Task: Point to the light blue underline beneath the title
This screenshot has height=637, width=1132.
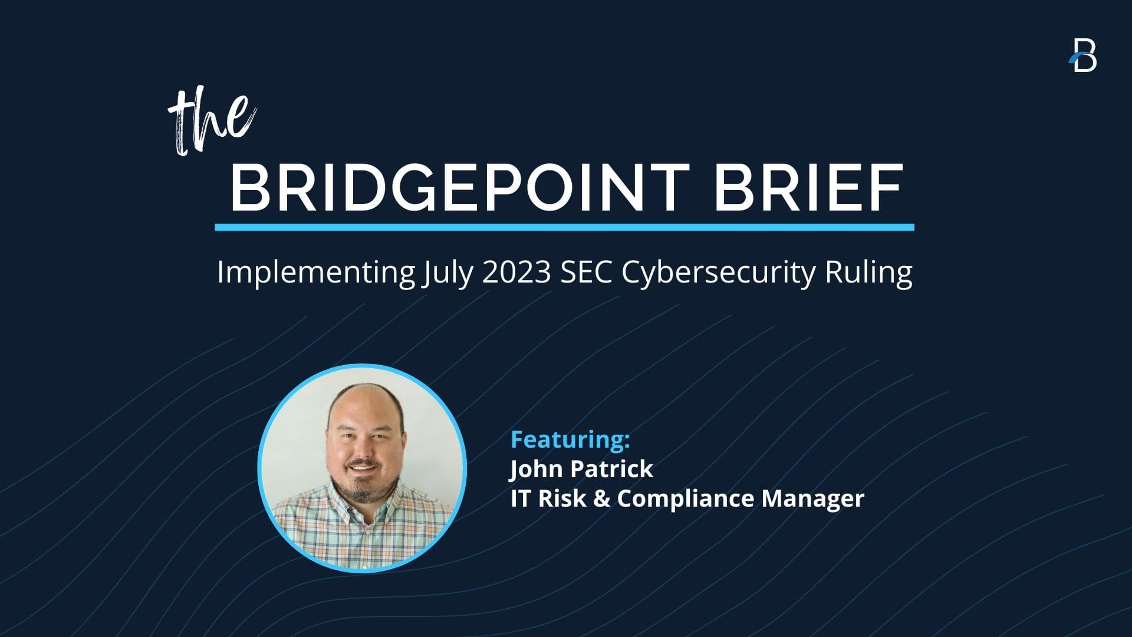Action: (x=564, y=227)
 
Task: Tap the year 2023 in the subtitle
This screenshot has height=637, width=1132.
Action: (x=516, y=272)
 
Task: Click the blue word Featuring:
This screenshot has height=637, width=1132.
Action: (x=570, y=439)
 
